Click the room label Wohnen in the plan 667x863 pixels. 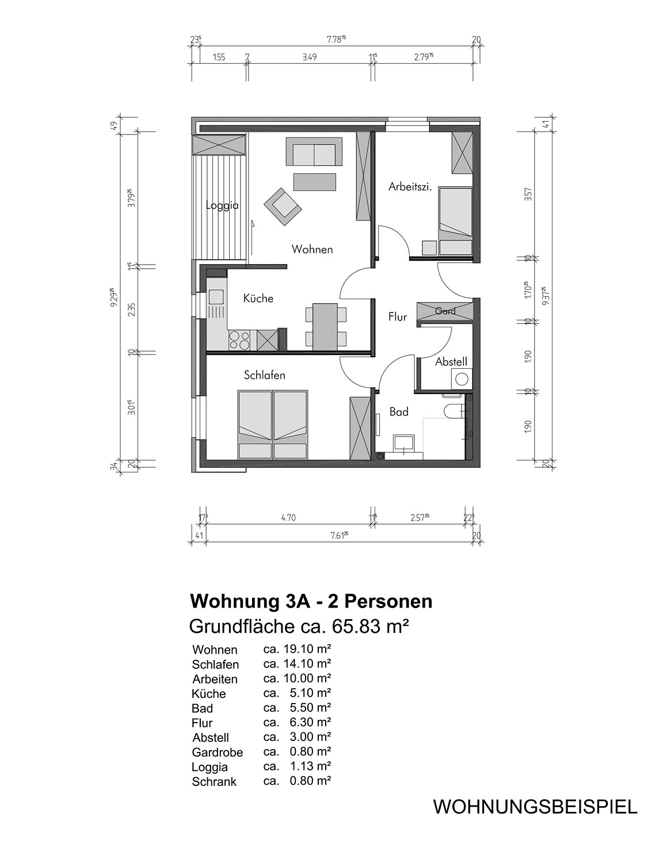tap(312, 250)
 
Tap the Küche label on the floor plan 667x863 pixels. tap(258, 298)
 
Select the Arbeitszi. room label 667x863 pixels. tap(410, 186)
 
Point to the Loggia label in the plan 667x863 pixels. tap(222, 206)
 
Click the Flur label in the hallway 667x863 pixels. tap(398, 317)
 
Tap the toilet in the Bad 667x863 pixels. tap(456, 411)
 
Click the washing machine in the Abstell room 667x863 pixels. tap(461, 379)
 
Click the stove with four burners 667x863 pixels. tap(239, 341)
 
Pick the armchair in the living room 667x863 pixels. tap(282, 207)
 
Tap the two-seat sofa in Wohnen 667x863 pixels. tap(314, 151)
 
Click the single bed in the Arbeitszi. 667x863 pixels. tap(455, 222)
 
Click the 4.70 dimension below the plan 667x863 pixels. tap(288, 518)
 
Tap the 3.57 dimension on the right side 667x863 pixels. tap(528, 194)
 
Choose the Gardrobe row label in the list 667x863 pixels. tap(218, 752)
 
